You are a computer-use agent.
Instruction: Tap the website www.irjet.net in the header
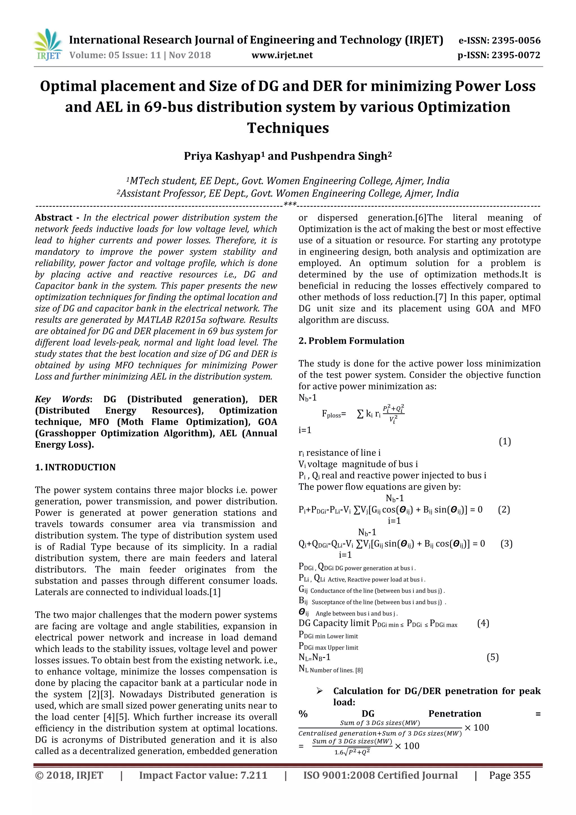point(282,55)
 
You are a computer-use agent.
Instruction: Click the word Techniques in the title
point(288,128)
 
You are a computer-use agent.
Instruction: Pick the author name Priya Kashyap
point(222,156)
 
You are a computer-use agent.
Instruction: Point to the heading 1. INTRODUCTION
point(75,467)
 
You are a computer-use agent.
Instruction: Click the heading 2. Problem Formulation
point(351,341)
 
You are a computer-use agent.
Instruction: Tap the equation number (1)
point(505,442)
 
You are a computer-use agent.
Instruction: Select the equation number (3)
point(507,544)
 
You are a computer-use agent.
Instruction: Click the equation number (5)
point(492,657)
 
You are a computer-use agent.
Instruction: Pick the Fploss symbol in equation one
point(333,414)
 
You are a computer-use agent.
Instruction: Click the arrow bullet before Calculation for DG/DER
point(319,691)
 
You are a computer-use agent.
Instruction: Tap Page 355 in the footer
point(510,775)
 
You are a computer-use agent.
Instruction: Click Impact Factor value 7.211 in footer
point(203,775)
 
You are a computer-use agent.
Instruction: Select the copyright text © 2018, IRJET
point(69,775)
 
